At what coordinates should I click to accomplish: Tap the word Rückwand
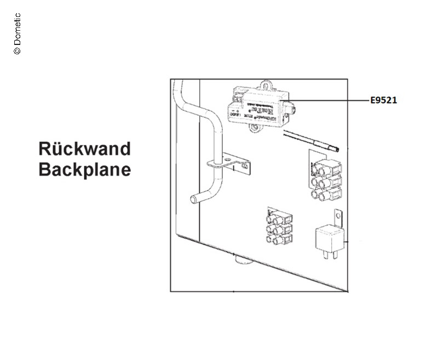(84, 148)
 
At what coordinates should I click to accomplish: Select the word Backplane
(84, 169)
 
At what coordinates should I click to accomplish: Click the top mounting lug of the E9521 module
(267, 85)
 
